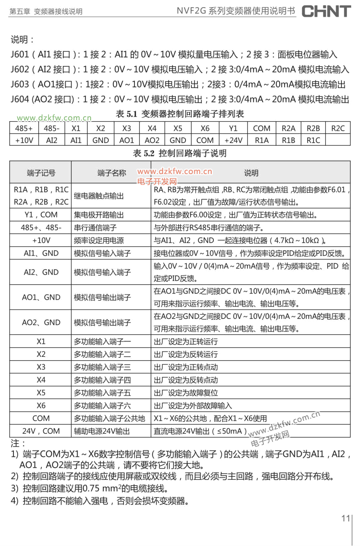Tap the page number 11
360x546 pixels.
pyautogui.click(x=346, y=518)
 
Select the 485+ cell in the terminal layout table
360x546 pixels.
pyautogui.click(x=24, y=128)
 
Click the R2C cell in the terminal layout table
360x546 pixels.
pyautogui.click(x=337, y=128)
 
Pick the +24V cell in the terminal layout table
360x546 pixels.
pyautogui.click(x=233, y=140)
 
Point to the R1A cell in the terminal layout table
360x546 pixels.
pyautogui.click(x=262, y=140)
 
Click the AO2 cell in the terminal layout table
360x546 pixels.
pyautogui.click(x=152, y=140)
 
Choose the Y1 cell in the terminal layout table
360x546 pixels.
pyautogui.click(x=233, y=128)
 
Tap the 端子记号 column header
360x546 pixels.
pyautogui.click(x=41, y=173)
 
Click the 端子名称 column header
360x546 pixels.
pyautogui.click(x=111, y=173)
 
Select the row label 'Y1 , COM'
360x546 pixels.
pyautogui.click(x=41, y=215)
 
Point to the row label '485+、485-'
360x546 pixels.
pyautogui.click(x=41, y=228)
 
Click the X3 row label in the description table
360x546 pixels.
pyautogui.click(x=41, y=367)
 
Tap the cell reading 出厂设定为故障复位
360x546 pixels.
pyautogui.click(x=186, y=393)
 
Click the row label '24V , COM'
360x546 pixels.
pyautogui.click(x=41, y=431)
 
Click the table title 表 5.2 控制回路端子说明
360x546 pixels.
pyautogui.click(x=180, y=153)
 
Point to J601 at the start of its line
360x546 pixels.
pyautogui.click(x=20, y=54)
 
